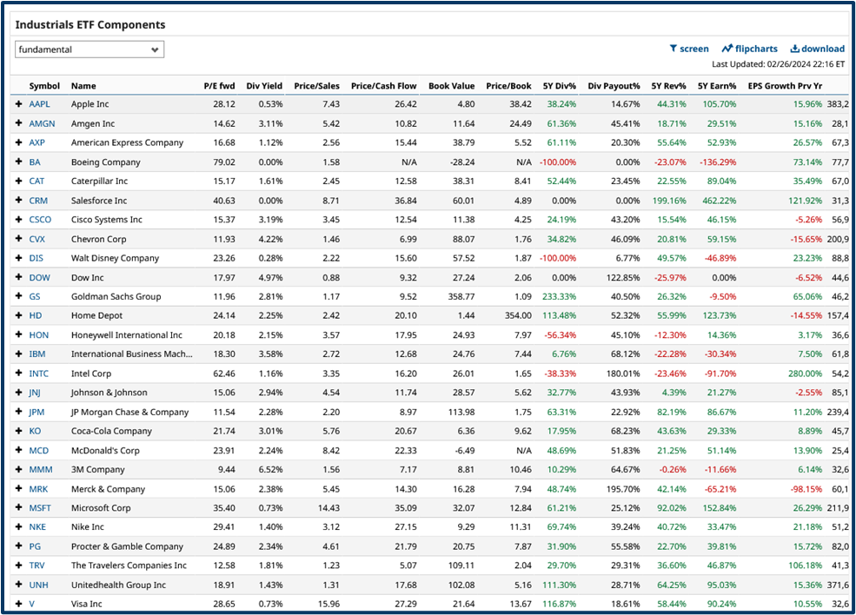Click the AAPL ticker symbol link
click(39, 104)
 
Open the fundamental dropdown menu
click(90, 50)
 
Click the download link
click(817, 49)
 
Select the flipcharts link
click(749, 49)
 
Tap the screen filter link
click(689, 49)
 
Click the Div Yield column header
click(264, 86)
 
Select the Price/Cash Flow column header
click(383, 86)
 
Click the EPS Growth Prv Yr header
click(785, 86)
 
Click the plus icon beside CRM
click(18, 200)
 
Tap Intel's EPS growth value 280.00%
click(800, 374)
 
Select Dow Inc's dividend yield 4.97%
click(268, 277)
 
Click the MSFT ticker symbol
click(40, 508)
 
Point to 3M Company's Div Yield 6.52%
click(268, 469)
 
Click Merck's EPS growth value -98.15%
click(802, 489)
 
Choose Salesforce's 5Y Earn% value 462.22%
click(718, 200)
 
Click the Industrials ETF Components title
click(90, 25)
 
